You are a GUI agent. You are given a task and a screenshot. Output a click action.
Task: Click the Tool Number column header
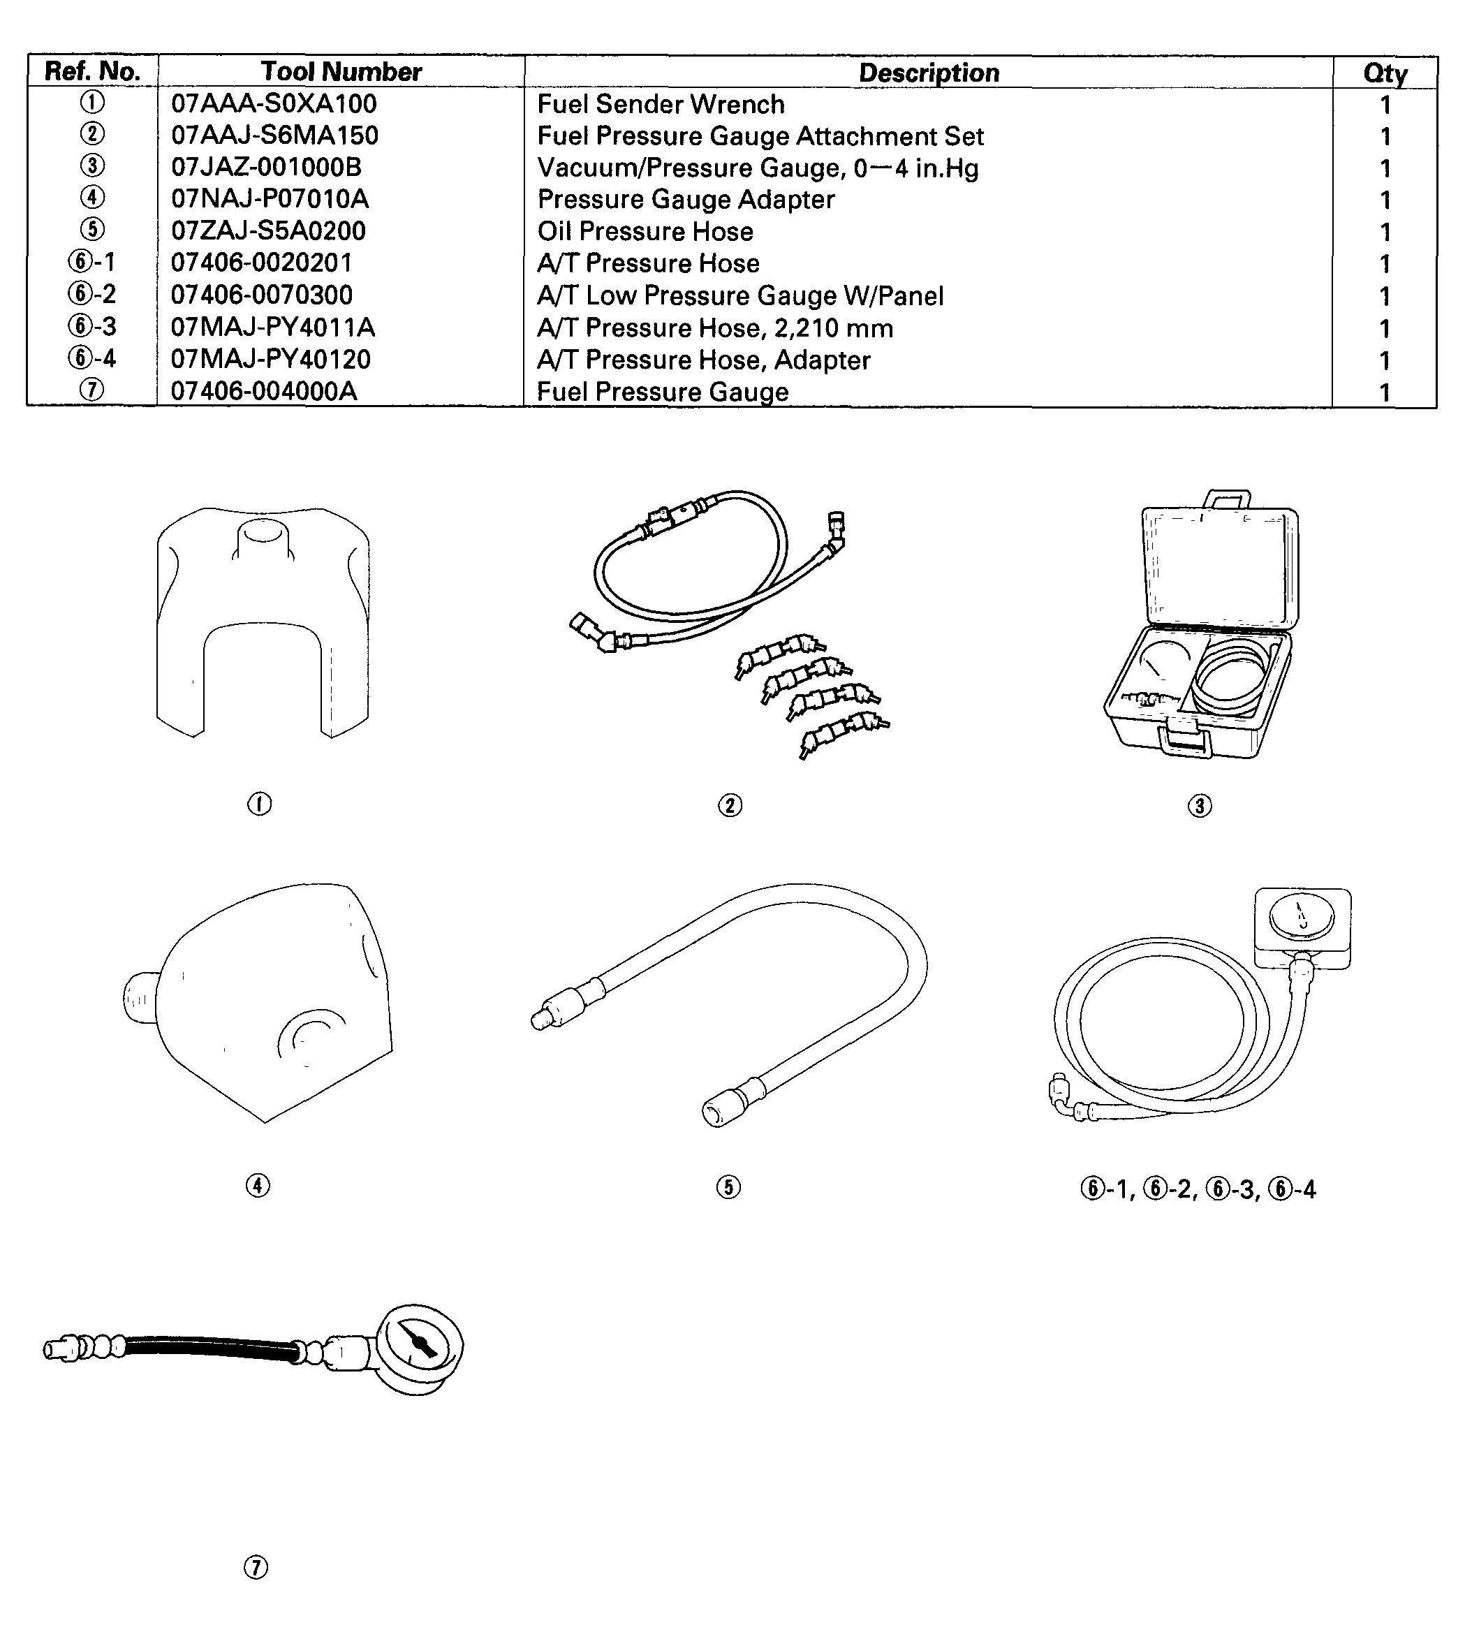click(341, 72)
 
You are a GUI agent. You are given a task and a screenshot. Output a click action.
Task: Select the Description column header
click(928, 73)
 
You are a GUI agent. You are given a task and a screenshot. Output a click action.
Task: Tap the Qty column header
click(1385, 73)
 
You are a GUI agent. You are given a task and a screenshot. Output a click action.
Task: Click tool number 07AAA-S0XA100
click(274, 104)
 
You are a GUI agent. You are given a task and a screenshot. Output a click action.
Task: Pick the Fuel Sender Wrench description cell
click(660, 105)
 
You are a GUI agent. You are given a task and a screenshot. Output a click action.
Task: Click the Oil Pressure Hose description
click(645, 232)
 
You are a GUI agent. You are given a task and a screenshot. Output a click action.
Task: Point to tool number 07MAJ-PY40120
click(270, 359)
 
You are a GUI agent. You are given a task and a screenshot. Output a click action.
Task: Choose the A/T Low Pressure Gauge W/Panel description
click(739, 296)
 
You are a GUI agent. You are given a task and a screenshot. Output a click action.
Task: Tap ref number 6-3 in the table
click(91, 327)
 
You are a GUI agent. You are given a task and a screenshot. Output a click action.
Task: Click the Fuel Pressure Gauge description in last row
click(662, 392)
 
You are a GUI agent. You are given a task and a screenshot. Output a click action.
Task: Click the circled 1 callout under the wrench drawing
click(259, 804)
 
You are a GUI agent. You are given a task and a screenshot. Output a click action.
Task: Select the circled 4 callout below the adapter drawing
click(258, 1185)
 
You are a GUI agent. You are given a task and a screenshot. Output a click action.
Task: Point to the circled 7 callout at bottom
click(255, 1568)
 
